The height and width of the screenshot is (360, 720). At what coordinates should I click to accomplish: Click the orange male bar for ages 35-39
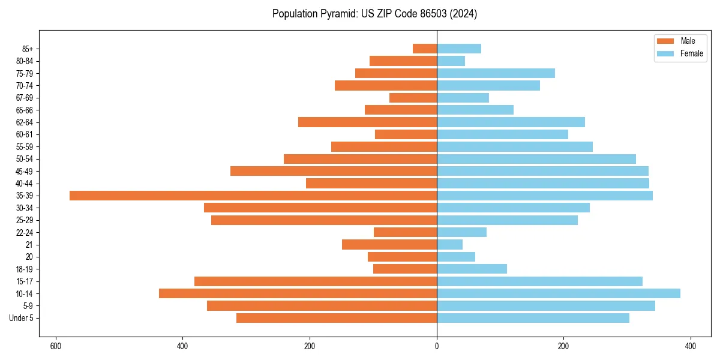[x=253, y=196]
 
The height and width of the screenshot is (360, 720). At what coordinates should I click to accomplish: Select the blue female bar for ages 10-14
[x=558, y=293]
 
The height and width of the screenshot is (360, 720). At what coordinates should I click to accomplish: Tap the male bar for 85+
[x=425, y=49]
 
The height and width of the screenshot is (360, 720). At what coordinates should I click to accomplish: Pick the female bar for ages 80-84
[x=451, y=61]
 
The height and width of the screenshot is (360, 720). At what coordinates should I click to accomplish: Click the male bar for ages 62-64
[x=367, y=122]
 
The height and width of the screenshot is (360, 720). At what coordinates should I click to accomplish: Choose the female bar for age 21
[x=449, y=244]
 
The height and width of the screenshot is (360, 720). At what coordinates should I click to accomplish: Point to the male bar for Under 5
[x=336, y=318]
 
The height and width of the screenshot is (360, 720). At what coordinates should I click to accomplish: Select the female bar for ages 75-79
[x=496, y=73]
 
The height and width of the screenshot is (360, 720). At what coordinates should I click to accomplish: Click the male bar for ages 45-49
[x=333, y=171]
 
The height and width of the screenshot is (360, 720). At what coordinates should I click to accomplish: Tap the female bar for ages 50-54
[x=536, y=159]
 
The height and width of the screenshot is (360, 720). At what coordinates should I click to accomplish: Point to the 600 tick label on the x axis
[x=56, y=346]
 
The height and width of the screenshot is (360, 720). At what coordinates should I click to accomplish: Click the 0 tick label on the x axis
[x=437, y=346]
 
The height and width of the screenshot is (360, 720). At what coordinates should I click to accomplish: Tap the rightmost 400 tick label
[x=690, y=346]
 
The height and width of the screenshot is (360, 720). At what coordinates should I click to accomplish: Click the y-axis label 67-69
[x=24, y=98]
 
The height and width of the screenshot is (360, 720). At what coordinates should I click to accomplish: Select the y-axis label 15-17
[x=24, y=281]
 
